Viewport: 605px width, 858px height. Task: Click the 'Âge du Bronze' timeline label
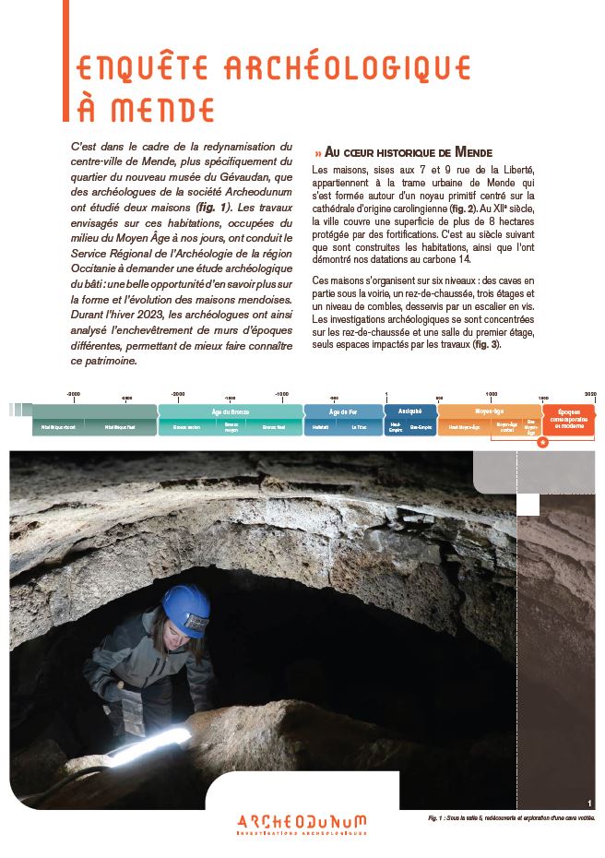click(230, 411)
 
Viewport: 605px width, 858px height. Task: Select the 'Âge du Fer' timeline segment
click(343, 411)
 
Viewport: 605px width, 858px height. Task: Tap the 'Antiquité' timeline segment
click(409, 411)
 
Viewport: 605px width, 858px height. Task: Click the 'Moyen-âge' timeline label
click(489, 411)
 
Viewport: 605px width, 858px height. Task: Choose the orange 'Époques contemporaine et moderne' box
click(568, 420)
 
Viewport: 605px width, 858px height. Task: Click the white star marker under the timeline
click(542, 443)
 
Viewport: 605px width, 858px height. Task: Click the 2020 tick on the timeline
click(590, 393)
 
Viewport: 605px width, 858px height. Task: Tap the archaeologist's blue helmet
click(186, 609)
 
